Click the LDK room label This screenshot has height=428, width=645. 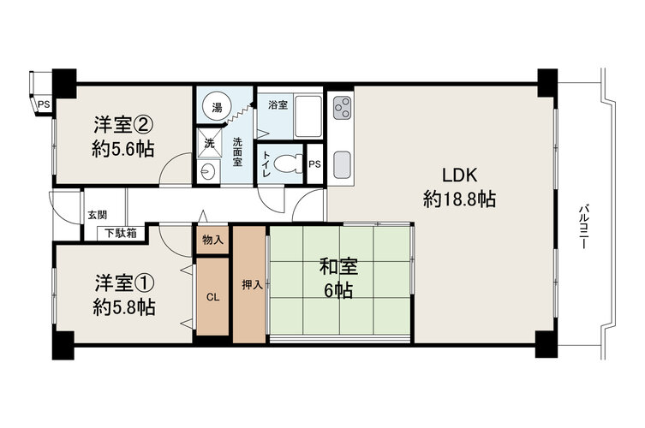(459, 175)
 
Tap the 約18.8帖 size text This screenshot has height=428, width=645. (459, 199)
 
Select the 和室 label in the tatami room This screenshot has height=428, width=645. (338, 267)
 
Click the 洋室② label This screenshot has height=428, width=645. (124, 125)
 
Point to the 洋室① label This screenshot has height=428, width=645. (125, 282)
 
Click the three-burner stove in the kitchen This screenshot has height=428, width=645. (343, 108)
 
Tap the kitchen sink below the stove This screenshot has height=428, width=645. (343, 165)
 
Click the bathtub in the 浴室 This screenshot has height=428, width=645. (308, 117)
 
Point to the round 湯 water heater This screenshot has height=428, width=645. (217, 108)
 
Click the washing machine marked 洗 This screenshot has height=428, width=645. (209, 143)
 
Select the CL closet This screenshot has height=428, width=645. (212, 296)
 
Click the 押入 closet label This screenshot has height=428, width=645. (252, 284)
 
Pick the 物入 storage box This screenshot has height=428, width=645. (212, 240)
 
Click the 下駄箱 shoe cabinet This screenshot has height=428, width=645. (121, 233)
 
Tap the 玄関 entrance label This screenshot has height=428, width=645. (97, 215)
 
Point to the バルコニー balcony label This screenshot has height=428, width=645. (583, 227)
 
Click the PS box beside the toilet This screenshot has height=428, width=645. (314, 164)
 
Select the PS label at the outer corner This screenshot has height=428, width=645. (44, 104)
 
